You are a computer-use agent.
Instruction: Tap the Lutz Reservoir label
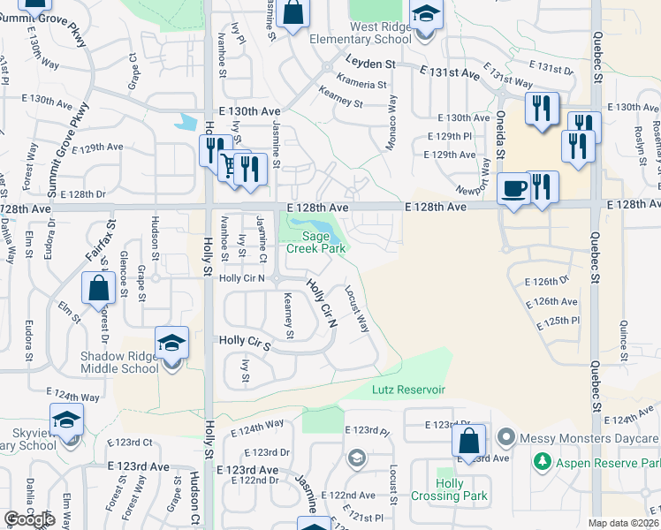pos(407,390)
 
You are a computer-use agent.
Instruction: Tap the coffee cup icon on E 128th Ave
pos(513,187)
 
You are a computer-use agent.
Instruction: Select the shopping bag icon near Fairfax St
pos(98,287)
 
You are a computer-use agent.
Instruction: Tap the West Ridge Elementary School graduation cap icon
pos(425,15)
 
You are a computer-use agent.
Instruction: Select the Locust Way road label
pos(357,308)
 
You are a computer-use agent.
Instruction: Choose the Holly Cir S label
pos(243,339)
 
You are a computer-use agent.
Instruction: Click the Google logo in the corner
pos(29,519)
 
